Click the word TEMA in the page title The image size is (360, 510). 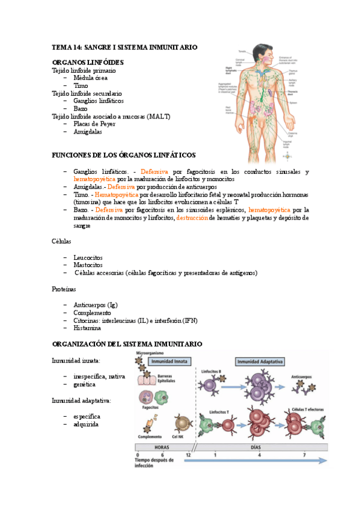click(x=61, y=47)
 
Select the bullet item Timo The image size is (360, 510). click(x=81, y=86)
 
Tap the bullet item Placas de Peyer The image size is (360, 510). click(x=94, y=124)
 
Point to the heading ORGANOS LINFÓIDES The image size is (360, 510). click(x=88, y=63)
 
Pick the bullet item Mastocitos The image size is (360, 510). click(x=88, y=265)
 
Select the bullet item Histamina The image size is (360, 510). click(x=87, y=328)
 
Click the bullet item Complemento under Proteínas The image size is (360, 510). click(x=92, y=313)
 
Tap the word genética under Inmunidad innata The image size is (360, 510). click(x=84, y=384)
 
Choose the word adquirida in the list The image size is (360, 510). click(x=87, y=424)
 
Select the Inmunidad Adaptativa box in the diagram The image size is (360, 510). click(x=260, y=362)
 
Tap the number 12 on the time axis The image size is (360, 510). click(x=190, y=455)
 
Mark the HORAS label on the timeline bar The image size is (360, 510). click(x=162, y=447)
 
